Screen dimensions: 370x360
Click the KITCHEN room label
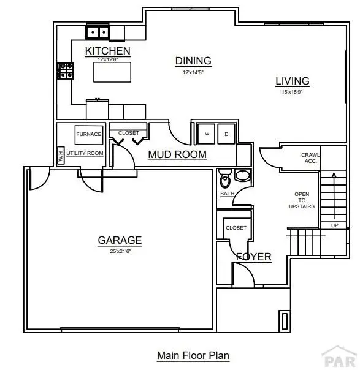[107, 50]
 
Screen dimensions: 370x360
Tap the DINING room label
[193, 61]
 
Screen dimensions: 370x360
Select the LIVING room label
[292, 81]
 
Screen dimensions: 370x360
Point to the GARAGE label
[120, 240]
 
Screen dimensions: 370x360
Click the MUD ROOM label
[177, 154]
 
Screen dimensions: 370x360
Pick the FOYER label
[254, 257]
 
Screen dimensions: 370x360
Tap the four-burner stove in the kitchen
[66, 70]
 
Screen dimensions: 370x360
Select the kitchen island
[112, 71]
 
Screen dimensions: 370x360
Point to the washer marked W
[207, 134]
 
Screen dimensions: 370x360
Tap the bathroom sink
[242, 176]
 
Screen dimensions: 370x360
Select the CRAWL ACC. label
[309, 158]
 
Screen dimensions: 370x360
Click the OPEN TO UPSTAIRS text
[302, 200]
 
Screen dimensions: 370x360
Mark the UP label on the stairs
[334, 225]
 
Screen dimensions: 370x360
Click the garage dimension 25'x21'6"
[120, 251]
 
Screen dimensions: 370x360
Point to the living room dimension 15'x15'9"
[292, 92]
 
